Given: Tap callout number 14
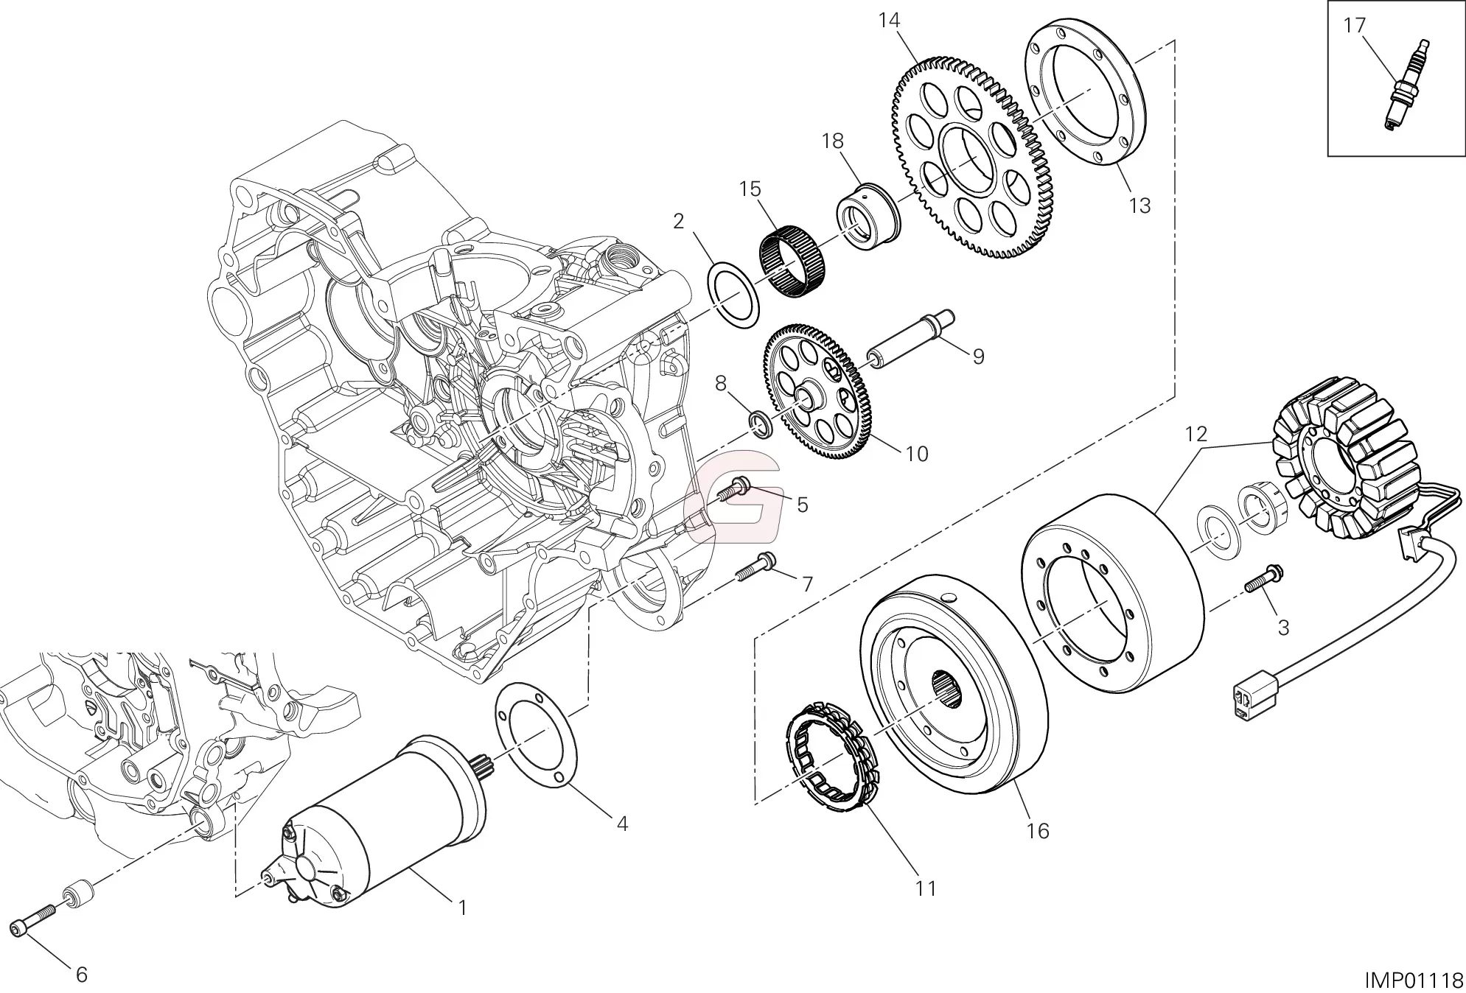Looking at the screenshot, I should [x=889, y=21].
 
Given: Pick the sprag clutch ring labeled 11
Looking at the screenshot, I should [x=827, y=766].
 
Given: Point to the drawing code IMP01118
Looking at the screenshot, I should [x=1412, y=980].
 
